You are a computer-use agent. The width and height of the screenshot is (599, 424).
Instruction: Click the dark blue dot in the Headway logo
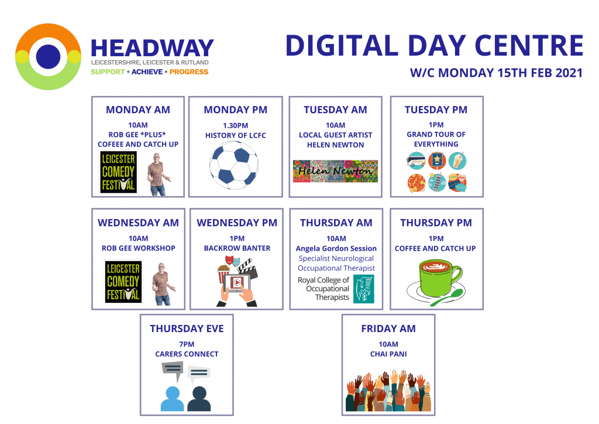click(48, 57)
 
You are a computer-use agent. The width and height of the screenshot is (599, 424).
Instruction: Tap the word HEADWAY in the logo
click(152, 48)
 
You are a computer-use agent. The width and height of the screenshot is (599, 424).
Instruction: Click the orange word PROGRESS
click(189, 72)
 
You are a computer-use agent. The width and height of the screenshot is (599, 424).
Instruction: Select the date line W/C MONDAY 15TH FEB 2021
click(496, 73)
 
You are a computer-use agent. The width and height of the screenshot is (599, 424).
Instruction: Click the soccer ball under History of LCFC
click(234, 165)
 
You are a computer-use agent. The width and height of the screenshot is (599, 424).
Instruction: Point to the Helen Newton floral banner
click(335, 171)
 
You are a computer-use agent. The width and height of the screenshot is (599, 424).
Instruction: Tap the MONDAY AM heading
click(138, 110)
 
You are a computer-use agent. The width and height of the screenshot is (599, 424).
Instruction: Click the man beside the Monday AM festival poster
click(157, 175)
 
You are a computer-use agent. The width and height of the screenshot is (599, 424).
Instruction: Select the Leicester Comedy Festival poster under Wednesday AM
click(123, 282)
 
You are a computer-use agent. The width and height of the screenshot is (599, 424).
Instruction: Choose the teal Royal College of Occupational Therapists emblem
click(364, 289)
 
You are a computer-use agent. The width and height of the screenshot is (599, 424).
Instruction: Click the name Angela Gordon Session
click(336, 248)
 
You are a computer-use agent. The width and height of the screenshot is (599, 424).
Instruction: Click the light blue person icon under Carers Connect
click(173, 399)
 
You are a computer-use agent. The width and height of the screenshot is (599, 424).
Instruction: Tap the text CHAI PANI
click(388, 354)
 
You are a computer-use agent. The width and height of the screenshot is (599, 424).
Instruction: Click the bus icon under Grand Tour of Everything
click(416, 161)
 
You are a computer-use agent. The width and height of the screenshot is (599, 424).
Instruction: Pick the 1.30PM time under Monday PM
click(235, 125)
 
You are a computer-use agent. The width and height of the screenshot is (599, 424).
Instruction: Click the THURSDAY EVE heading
click(187, 329)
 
